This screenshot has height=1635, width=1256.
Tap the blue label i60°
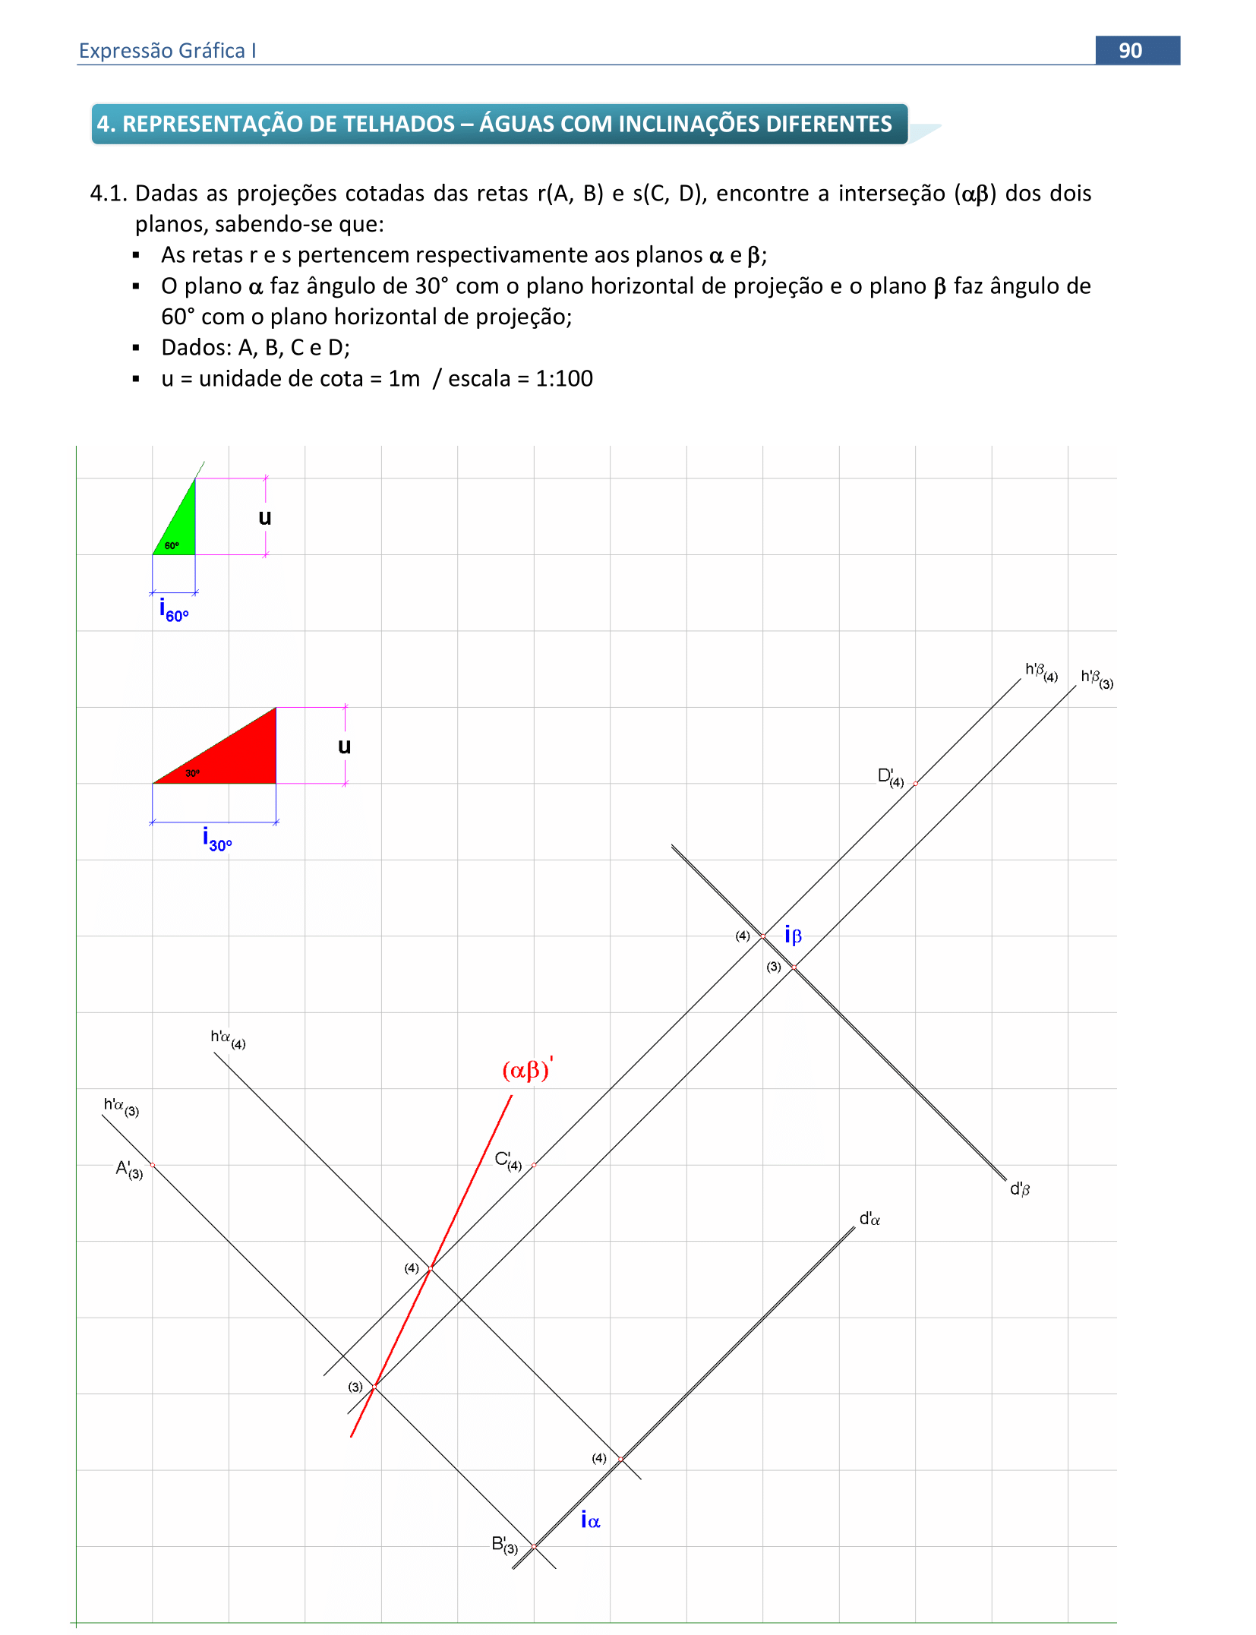click(x=173, y=611)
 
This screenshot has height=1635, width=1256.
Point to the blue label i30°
click(x=216, y=840)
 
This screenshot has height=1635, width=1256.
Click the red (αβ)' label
click(x=527, y=1069)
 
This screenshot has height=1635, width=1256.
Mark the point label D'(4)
click(x=890, y=777)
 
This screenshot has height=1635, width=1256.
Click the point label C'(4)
click(x=507, y=1160)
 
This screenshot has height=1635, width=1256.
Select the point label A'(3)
click(x=128, y=1169)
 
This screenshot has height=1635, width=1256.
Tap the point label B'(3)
click(x=503, y=1545)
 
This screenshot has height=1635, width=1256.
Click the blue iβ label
click(x=793, y=935)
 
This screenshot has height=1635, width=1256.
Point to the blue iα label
click(x=590, y=1520)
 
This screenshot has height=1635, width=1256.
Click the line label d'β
click(x=1019, y=1189)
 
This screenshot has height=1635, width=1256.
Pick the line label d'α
click(x=869, y=1219)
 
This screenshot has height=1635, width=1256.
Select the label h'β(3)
click(x=1097, y=678)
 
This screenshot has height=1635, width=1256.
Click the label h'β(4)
click(x=1040, y=671)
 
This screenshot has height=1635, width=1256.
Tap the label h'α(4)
click(x=227, y=1039)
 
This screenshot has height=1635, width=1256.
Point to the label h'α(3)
click(x=121, y=1106)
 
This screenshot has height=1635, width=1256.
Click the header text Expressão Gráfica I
click(x=167, y=51)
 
